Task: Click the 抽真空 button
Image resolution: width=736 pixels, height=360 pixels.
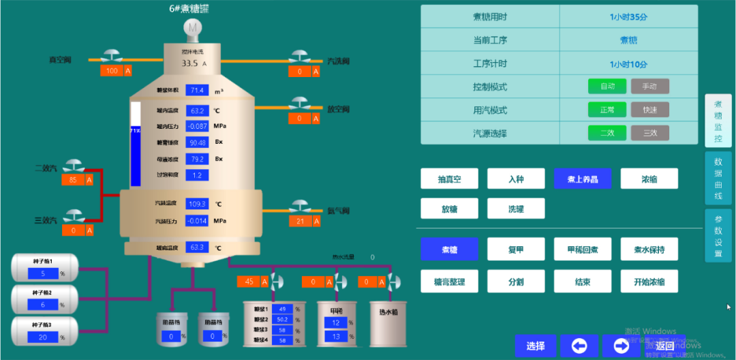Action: pyautogui.click(x=449, y=179)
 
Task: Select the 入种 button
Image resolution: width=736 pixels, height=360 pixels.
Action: pyautogui.click(x=516, y=179)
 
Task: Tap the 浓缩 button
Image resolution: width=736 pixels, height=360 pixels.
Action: pyautogui.click(x=649, y=179)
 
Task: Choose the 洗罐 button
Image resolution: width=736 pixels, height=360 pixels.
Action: pyautogui.click(x=516, y=209)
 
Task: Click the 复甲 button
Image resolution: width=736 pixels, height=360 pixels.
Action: pyautogui.click(x=516, y=250)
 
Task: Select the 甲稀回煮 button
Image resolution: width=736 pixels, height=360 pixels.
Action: pyautogui.click(x=583, y=250)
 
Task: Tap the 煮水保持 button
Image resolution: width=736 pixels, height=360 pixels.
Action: pyautogui.click(x=649, y=250)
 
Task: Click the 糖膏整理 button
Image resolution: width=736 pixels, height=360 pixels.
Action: pyautogui.click(x=449, y=281)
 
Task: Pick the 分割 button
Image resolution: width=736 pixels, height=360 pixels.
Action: pyautogui.click(x=516, y=281)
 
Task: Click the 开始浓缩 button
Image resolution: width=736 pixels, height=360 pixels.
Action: pyautogui.click(x=649, y=281)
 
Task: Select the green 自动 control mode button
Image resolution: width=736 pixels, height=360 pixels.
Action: pyautogui.click(x=607, y=87)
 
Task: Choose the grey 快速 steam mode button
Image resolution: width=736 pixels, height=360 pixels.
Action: pyautogui.click(x=649, y=110)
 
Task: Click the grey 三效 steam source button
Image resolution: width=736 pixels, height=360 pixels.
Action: pyautogui.click(x=649, y=133)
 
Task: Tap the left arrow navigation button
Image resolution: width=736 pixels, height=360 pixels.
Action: pyautogui.click(x=579, y=346)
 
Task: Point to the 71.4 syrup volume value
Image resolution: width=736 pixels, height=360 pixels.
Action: pyautogui.click(x=198, y=91)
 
